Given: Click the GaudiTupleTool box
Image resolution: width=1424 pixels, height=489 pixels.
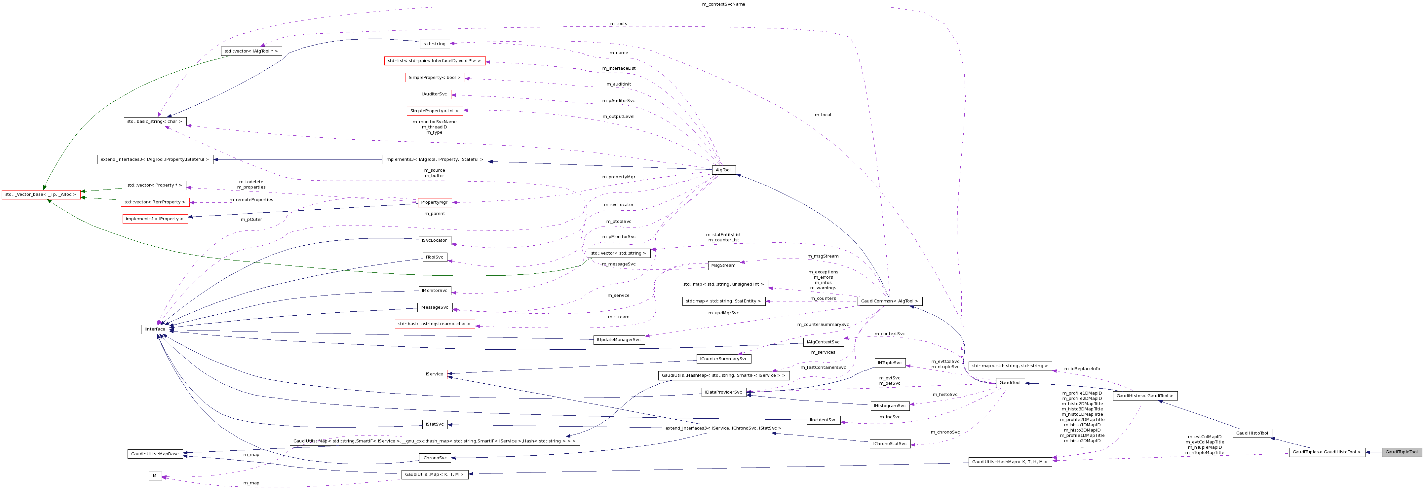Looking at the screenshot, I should (1401, 452).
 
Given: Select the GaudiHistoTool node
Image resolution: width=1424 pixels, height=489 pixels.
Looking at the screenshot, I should (1252, 433).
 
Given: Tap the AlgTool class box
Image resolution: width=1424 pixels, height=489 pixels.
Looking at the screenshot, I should (723, 170).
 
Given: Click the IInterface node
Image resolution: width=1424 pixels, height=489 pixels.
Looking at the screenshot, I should (155, 329).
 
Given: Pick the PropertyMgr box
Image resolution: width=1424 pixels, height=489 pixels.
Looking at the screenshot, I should (434, 203).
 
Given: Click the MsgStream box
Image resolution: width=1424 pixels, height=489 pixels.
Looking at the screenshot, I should (723, 266).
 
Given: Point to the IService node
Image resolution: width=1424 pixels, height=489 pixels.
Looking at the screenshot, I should (435, 375).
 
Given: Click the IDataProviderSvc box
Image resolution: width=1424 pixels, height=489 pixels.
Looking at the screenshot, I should (723, 392).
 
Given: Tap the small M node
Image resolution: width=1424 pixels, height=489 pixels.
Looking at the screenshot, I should (155, 476).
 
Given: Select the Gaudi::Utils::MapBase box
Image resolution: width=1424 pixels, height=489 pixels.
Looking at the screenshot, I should (155, 454).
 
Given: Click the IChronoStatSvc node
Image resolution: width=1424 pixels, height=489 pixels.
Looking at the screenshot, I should (889, 444).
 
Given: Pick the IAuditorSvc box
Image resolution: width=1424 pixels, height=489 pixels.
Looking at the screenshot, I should (435, 94).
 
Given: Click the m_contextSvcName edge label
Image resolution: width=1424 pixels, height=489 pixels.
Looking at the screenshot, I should (723, 4).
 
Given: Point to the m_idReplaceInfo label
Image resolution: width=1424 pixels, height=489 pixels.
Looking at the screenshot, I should (1082, 368).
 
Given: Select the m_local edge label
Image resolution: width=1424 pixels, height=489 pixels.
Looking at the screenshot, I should (823, 115).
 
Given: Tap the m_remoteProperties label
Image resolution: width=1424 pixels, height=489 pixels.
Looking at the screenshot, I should (251, 199).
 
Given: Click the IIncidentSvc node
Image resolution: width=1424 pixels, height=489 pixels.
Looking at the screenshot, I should (823, 420).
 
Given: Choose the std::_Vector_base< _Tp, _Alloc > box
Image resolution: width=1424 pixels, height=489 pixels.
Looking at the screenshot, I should (40, 194).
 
